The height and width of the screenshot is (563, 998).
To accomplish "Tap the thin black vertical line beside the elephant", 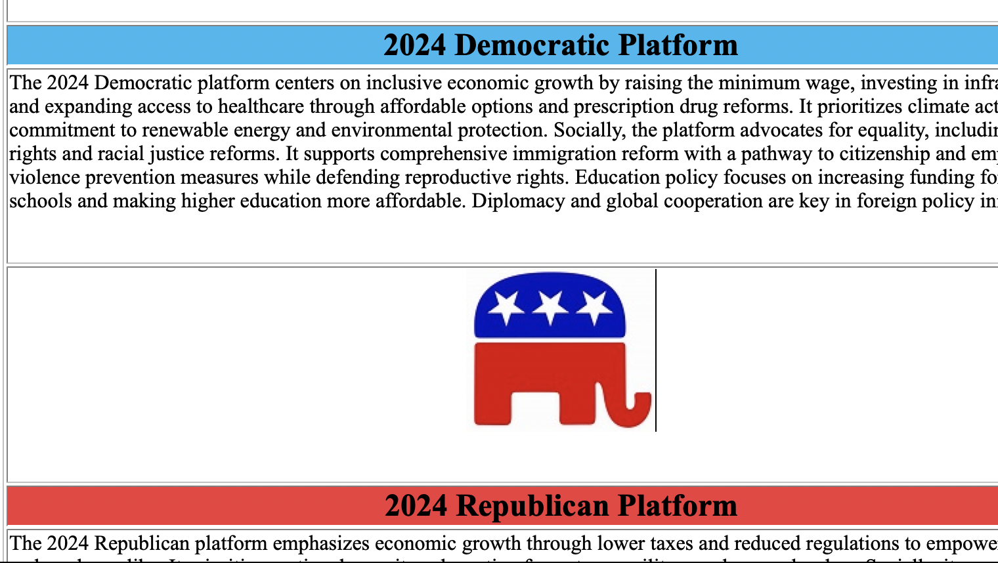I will click(x=655, y=350).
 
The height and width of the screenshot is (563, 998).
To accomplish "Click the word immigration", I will click(x=557, y=154).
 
